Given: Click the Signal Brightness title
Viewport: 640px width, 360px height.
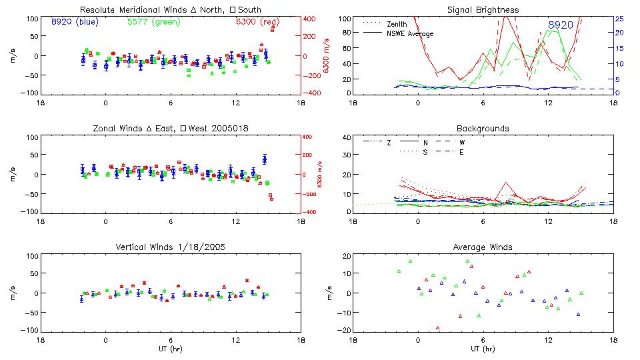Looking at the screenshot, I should pos(484,9).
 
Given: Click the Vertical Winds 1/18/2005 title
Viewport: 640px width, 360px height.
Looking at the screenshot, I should pos(170,247).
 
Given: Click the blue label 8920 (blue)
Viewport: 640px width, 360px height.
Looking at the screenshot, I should pos(75,22).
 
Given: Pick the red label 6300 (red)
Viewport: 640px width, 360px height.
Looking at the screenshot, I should pos(257,22).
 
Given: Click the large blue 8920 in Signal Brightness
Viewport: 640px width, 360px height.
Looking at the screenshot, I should pos(560,25).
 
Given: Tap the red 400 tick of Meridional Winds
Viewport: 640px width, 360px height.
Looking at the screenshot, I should pos(309,19).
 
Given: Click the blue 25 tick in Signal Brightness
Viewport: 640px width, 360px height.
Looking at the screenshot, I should pos(619,19).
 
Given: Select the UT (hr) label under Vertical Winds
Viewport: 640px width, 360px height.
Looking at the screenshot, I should pos(171,348).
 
